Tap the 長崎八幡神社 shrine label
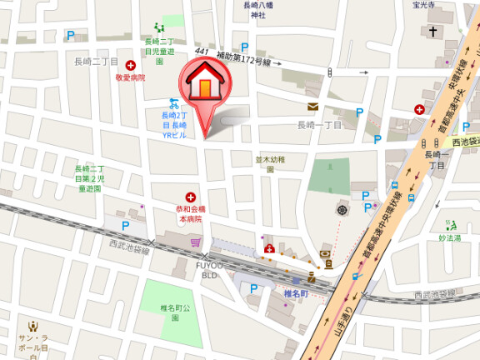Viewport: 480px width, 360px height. click(x=258, y=10)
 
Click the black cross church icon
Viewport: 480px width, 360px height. click(x=432, y=32)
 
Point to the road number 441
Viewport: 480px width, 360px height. click(x=201, y=52)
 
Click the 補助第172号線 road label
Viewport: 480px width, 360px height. click(x=244, y=59)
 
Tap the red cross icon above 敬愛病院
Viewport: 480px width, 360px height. click(x=130, y=64)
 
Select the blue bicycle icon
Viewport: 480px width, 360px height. click(x=173, y=103)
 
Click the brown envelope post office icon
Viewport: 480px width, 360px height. click(x=312, y=107)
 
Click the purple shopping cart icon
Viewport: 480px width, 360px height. click(x=196, y=242)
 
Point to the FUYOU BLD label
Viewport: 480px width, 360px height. click(x=208, y=269)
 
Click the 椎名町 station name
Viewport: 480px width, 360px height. click(x=296, y=293)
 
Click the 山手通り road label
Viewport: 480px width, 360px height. click(x=344, y=322)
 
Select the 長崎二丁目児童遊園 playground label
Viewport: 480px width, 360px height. click(x=159, y=46)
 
